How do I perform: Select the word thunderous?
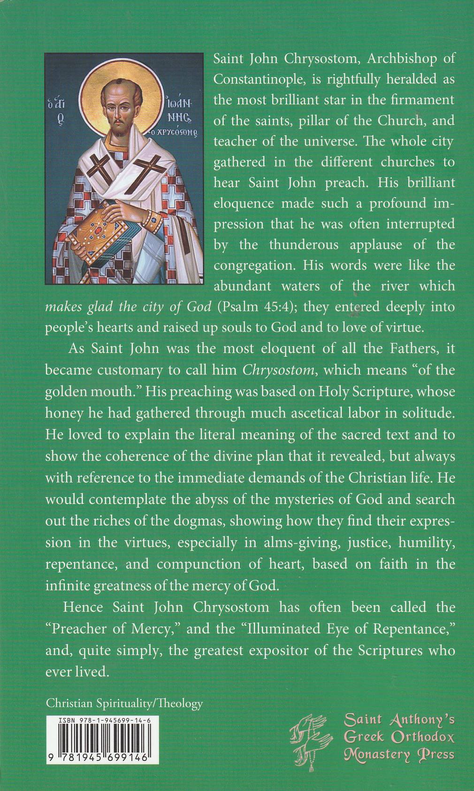click(304, 245)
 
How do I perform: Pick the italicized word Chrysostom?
click(278, 370)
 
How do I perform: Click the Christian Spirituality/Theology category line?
click(124, 703)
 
